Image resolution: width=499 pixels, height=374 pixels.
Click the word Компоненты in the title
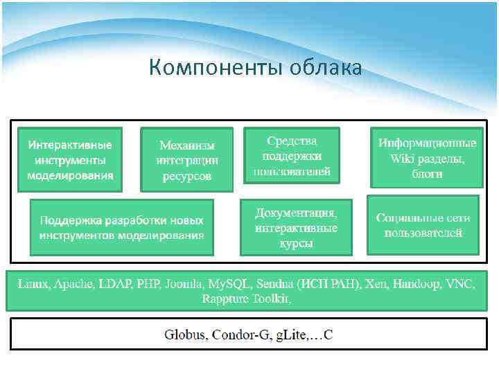click(207, 68)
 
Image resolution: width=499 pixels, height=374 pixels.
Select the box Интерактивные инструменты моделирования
click(70, 159)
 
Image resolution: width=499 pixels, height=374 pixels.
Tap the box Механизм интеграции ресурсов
click(186, 160)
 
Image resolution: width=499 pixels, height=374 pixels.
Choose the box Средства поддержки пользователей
click(292, 155)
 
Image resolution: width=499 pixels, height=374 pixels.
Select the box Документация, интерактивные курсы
click(296, 227)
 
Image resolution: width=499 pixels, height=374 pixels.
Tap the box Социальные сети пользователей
click(423, 225)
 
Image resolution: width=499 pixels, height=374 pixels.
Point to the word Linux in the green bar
click(33, 284)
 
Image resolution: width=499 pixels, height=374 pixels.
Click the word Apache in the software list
click(75, 284)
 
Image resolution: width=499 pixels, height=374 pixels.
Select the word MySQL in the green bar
click(229, 284)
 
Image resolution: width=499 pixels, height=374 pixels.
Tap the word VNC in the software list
click(461, 284)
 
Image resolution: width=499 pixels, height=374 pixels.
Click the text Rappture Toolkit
click(246, 299)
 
